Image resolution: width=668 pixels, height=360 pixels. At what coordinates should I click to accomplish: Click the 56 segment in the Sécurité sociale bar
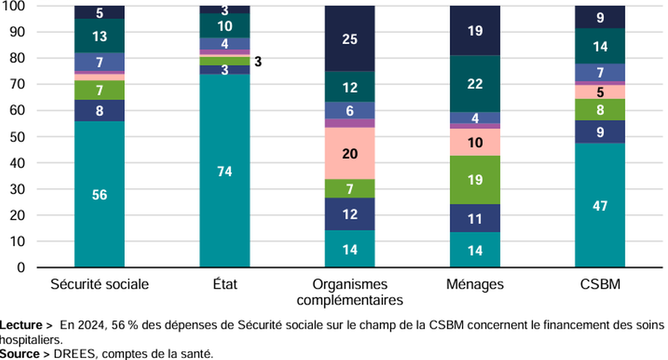pyautogui.click(x=99, y=195)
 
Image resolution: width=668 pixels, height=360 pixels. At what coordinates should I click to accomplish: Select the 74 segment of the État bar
pyautogui.click(x=225, y=171)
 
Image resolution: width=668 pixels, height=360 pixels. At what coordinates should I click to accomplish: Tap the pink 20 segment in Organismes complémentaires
pyautogui.click(x=350, y=153)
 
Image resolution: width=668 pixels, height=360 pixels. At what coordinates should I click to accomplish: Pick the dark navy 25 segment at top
pyautogui.click(x=350, y=39)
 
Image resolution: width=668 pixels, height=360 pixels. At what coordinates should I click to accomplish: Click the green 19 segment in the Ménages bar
pyautogui.click(x=475, y=179)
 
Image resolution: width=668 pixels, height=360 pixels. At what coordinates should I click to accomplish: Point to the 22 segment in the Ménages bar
pyautogui.click(x=475, y=83)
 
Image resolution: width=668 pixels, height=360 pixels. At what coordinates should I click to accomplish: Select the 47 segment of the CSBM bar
pyautogui.click(x=600, y=205)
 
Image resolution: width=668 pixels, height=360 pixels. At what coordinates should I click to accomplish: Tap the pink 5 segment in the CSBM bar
pyautogui.click(x=600, y=92)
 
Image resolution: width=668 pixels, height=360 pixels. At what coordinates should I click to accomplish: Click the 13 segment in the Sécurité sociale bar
pyautogui.click(x=99, y=36)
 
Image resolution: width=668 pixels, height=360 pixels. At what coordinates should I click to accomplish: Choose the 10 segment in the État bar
pyautogui.click(x=225, y=25)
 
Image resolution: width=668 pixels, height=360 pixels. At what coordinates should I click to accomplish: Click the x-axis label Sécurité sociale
pyautogui.click(x=99, y=284)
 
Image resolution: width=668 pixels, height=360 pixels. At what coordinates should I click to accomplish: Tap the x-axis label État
pyautogui.click(x=225, y=284)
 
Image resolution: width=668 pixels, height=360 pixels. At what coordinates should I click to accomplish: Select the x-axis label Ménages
pyautogui.click(x=475, y=284)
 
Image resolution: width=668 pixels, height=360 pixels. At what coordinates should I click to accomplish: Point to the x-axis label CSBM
pyautogui.click(x=600, y=284)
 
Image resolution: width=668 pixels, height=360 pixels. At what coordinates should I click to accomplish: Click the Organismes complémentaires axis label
pyautogui.click(x=350, y=291)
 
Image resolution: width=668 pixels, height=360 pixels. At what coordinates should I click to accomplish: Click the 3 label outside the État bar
pyautogui.click(x=258, y=62)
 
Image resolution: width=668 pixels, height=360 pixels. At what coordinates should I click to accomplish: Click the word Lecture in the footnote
pyautogui.click(x=20, y=325)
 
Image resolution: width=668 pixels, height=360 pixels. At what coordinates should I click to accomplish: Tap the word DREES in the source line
pyautogui.click(x=74, y=354)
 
